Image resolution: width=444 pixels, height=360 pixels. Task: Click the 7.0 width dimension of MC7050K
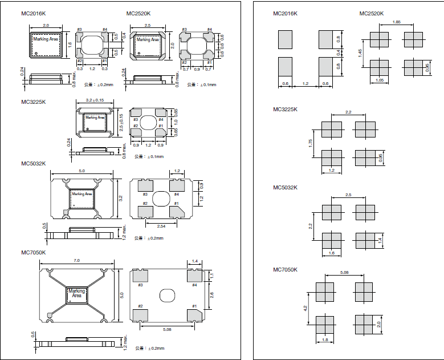tap(76, 260)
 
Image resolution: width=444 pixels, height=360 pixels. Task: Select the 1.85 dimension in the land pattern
tap(397, 22)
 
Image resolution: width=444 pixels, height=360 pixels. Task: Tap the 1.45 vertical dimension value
tap(360, 52)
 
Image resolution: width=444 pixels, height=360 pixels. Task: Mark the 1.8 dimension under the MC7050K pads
tap(325, 341)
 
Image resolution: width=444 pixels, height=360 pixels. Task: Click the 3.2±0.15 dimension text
tap(94, 100)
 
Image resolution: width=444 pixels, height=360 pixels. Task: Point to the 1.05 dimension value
tap(380, 80)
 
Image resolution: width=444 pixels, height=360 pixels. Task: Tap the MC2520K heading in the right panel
tap(371, 13)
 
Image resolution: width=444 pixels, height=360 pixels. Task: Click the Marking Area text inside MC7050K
tap(76, 293)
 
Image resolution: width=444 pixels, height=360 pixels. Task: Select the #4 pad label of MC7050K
tap(194, 284)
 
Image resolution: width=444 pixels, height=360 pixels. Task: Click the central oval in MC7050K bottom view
tap(168, 295)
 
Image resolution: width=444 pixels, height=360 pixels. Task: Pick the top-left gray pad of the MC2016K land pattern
tap(285, 39)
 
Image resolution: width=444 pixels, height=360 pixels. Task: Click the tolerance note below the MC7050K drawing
tap(149, 348)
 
